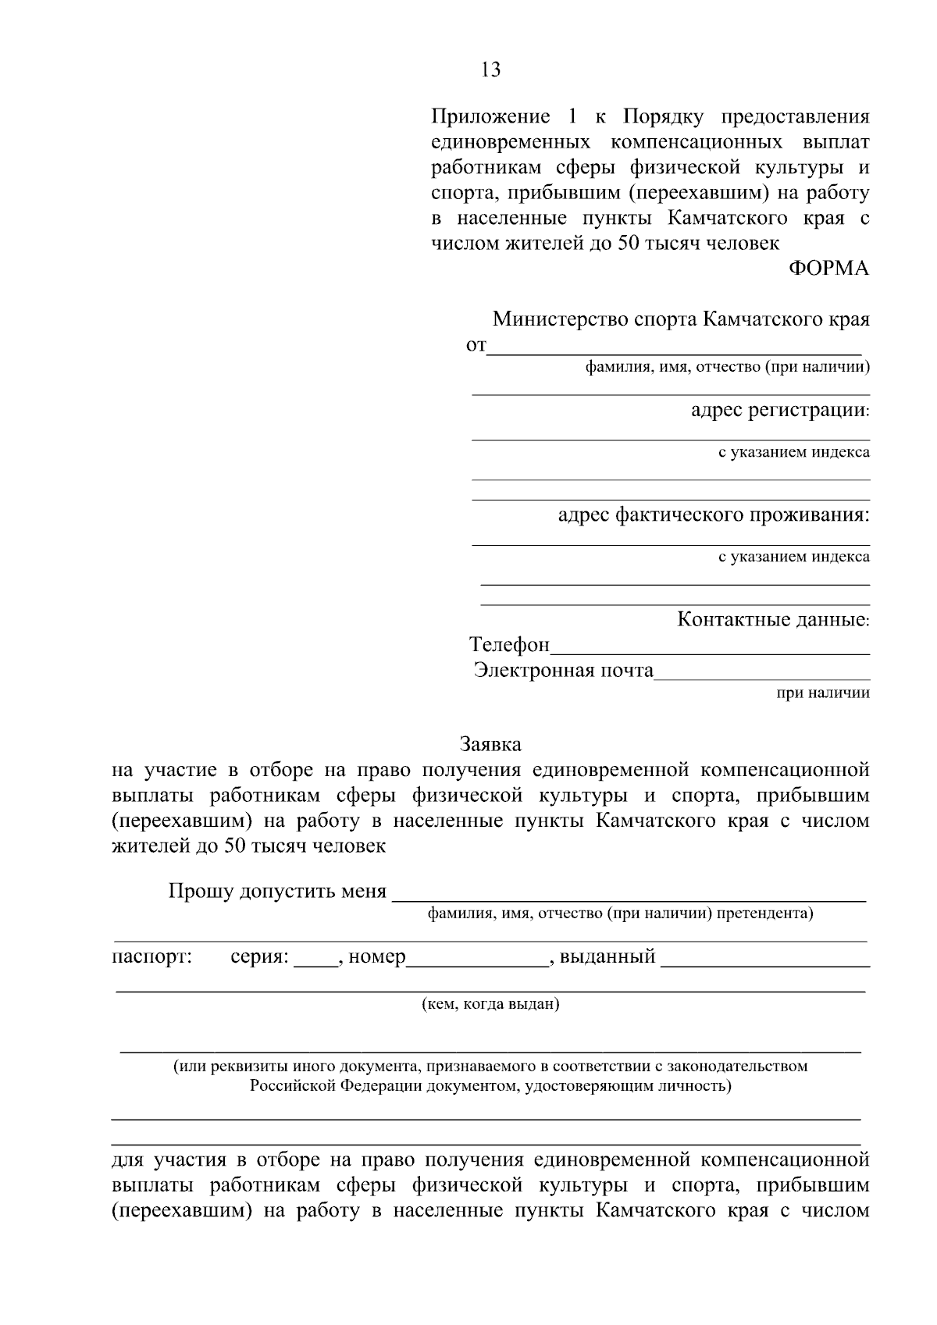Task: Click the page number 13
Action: (x=491, y=70)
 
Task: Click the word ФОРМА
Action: (x=829, y=269)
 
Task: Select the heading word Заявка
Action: (x=490, y=743)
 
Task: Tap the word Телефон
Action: (x=509, y=645)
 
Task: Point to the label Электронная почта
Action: (x=563, y=671)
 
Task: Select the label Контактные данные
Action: (x=773, y=620)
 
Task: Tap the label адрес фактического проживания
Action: (x=714, y=515)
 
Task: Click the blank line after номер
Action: (x=477, y=962)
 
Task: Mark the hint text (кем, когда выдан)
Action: (x=490, y=1004)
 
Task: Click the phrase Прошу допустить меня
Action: (x=277, y=892)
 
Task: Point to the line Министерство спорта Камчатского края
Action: (x=681, y=319)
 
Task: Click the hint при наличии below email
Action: (x=822, y=693)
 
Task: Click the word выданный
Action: (x=607, y=956)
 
